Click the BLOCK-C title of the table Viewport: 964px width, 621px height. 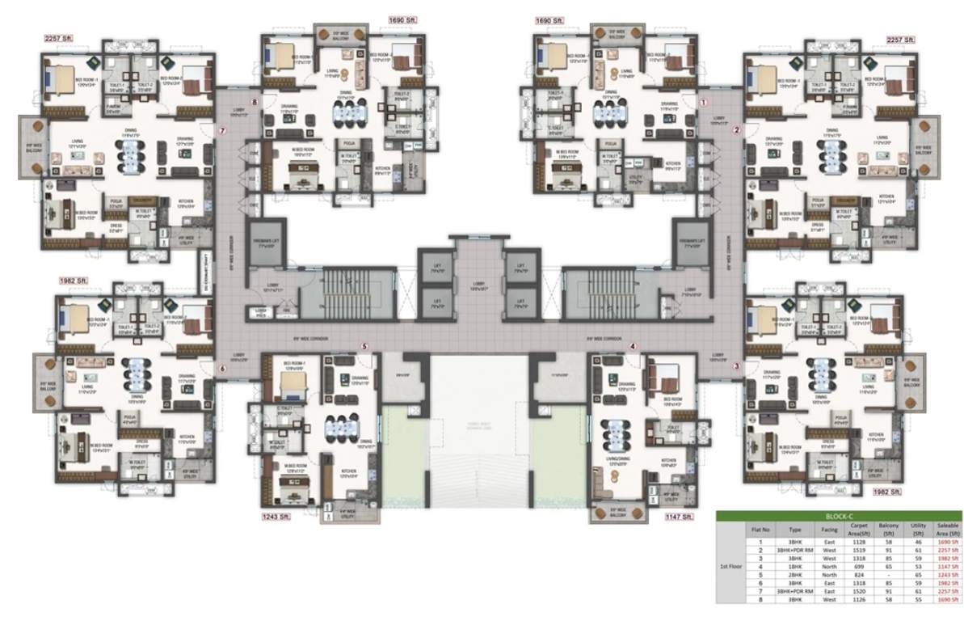point(839,515)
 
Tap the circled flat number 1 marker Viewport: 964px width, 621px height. point(703,103)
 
